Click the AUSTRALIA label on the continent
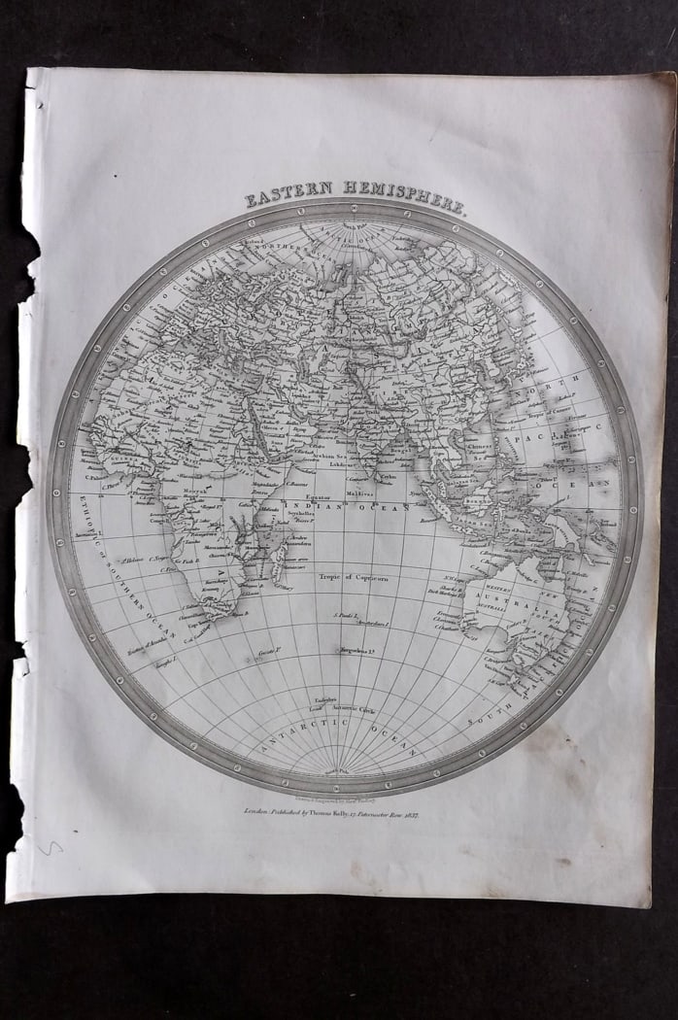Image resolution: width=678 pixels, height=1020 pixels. pos(525,601)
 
